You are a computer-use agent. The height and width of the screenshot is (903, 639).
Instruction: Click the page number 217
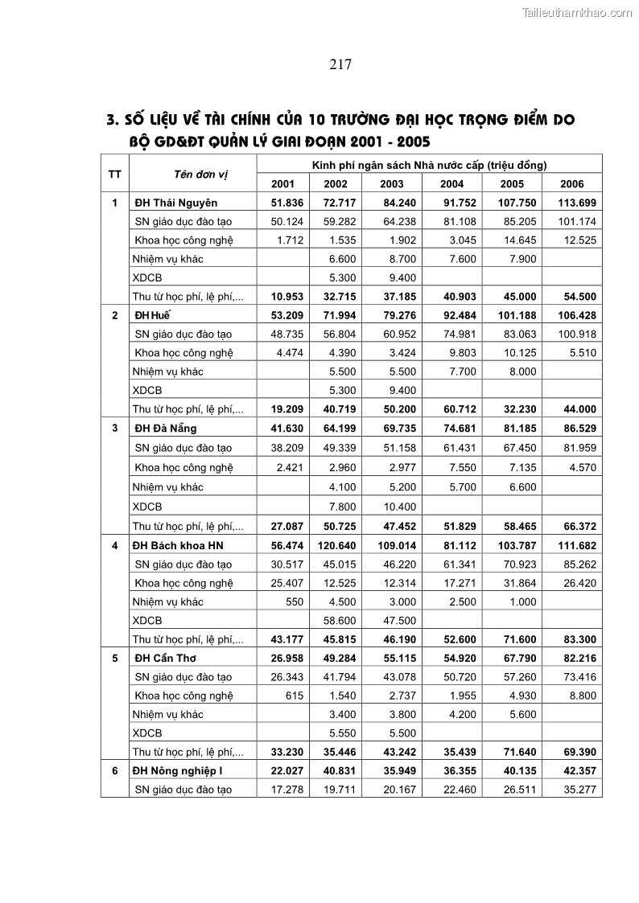click(340, 65)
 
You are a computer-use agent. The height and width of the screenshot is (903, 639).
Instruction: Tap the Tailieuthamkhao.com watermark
click(577, 12)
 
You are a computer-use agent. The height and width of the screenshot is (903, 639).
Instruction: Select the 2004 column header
click(451, 184)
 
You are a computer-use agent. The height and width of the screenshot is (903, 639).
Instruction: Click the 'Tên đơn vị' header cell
click(192, 174)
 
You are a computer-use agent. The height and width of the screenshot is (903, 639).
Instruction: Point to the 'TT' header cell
click(115, 174)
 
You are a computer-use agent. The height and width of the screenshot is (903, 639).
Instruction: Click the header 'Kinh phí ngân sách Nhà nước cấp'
click(430, 165)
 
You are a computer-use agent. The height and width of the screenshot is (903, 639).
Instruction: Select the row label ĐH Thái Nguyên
click(175, 203)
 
